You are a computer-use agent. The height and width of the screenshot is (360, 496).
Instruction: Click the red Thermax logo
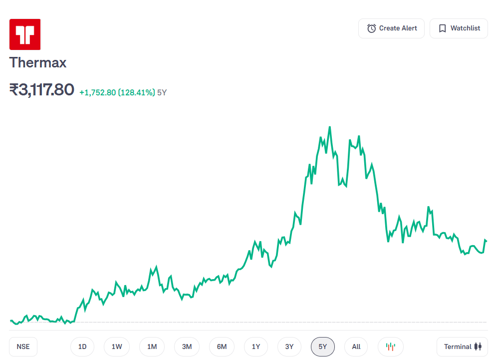click(25, 34)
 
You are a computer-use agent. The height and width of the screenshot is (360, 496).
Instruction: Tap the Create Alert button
click(391, 28)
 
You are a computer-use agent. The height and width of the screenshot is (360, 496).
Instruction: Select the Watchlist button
click(459, 28)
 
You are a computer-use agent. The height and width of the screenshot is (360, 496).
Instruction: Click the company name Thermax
click(38, 63)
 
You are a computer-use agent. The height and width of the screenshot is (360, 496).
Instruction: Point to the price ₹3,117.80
click(42, 90)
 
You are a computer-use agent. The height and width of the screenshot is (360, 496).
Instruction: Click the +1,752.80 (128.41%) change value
click(117, 92)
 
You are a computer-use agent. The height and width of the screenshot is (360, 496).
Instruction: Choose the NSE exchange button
click(23, 347)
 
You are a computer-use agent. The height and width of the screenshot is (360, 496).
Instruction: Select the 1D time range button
click(82, 347)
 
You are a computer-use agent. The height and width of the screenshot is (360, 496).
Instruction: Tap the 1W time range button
click(117, 347)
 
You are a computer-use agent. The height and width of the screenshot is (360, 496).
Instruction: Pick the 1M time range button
click(152, 347)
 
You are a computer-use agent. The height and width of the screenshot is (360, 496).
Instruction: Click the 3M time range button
click(187, 347)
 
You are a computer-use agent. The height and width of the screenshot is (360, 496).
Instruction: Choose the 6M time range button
click(222, 347)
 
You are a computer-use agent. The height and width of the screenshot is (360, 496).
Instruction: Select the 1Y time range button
click(256, 347)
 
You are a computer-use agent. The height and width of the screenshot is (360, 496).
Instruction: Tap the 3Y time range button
click(289, 347)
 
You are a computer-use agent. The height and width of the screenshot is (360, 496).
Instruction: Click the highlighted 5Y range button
click(323, 347)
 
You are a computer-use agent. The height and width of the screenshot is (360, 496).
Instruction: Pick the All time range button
click(356, 347)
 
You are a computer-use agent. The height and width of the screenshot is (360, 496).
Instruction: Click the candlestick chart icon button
click(391, 347)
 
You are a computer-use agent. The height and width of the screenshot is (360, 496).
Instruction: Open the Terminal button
click(462, 347)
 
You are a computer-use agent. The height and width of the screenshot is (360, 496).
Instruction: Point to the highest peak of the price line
click(330, 127)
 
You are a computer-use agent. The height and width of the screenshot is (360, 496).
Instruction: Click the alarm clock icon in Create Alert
click(371, 28)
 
